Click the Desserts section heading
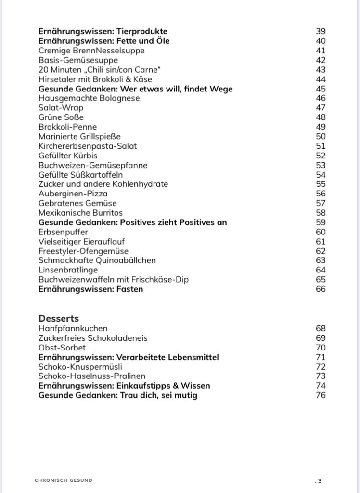click(x=59, y=318)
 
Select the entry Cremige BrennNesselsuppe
click(x=91, y=51)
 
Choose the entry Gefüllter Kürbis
click(x=68, y=156)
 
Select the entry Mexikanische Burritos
click(x=81, y=213)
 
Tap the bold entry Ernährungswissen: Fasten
click(x=91, y=289)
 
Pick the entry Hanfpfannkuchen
click(x=73, y=328)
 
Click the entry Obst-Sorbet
click(x=62, y=348)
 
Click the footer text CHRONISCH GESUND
click(x=64, y=480)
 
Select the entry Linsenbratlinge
click(x=68, y=270)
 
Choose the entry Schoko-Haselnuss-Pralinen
click(x=92, y=376)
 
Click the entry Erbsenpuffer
click(x=63, y=232)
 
